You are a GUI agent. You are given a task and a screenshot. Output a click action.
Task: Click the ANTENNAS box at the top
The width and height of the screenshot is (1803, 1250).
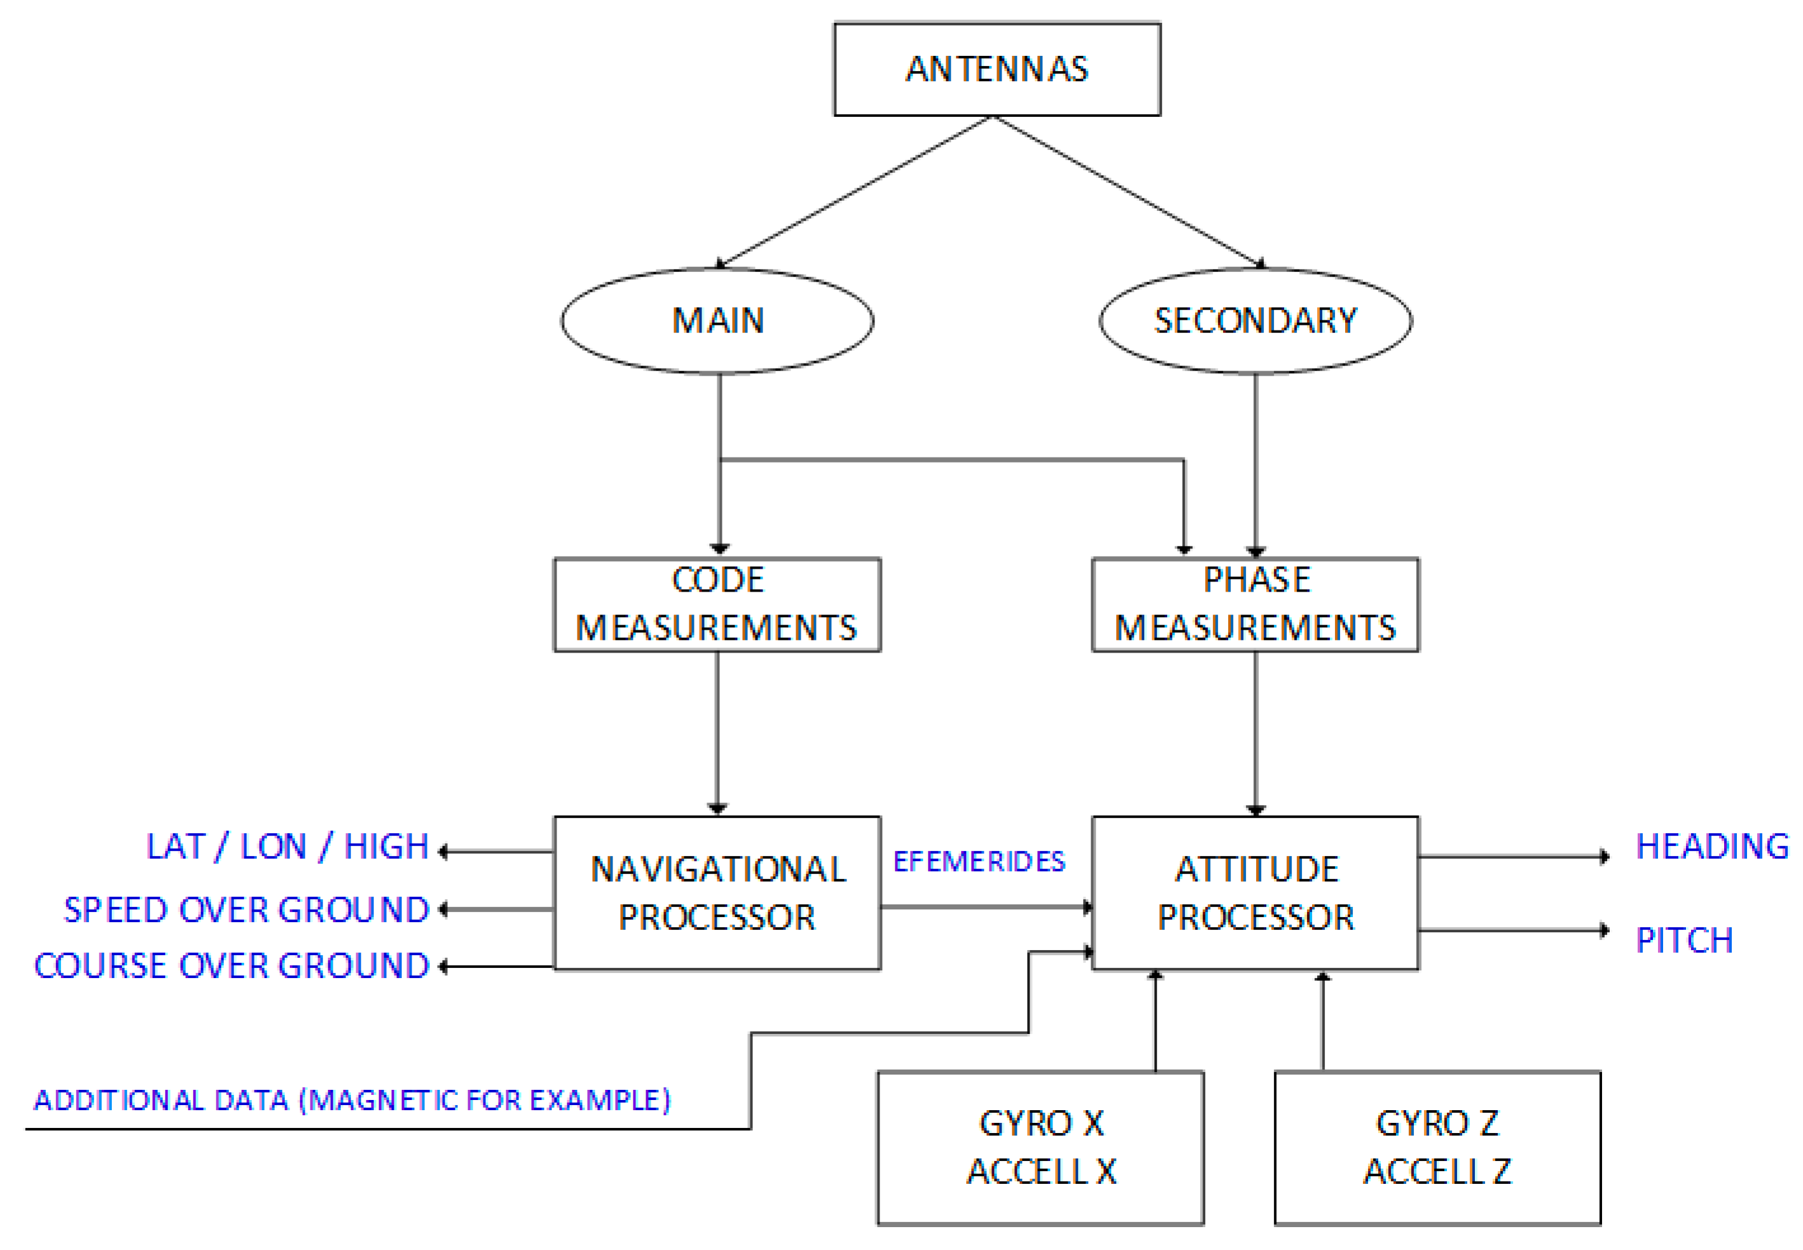[x=996, y=69]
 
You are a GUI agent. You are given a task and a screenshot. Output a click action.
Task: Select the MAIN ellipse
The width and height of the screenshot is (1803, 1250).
[x=716, y=320]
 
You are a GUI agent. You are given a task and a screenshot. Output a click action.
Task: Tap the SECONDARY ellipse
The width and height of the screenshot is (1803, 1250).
[x=1255, y=320]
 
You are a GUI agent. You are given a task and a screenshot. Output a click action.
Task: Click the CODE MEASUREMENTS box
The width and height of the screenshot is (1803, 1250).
[x=716, y=604]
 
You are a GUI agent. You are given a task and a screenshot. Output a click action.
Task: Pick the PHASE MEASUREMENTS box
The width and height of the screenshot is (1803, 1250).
[x=1255, y=604]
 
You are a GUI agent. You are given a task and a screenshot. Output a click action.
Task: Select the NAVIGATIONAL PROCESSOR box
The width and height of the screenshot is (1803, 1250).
[x=716, y=893]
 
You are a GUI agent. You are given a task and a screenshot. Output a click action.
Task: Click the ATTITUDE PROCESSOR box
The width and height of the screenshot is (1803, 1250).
[x=1255, y=893]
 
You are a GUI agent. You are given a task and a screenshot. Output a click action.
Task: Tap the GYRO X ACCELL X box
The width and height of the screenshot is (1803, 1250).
[x=1039, y=1148]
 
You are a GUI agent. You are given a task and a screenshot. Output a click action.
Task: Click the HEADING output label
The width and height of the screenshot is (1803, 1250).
[x=1711, y=846]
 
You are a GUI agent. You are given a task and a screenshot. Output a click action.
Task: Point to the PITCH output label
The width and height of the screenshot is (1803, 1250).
[x=1683, y=940]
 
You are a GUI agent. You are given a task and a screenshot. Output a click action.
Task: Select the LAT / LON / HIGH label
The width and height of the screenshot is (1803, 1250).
[x=287, y=846]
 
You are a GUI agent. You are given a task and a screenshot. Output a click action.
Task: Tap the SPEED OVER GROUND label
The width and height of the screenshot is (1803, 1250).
[x=246, y=910]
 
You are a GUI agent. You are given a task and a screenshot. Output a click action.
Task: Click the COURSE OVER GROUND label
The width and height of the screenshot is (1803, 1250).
[x=231, y=966]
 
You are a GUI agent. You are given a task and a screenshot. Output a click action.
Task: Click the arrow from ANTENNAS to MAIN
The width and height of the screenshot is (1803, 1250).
[x=854, y=192]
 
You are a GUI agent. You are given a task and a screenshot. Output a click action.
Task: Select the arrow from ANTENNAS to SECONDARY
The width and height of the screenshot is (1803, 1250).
[x=1128, y=192]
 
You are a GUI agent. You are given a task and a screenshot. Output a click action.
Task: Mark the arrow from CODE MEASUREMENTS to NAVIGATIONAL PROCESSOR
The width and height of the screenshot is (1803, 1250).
[x=716, y=732]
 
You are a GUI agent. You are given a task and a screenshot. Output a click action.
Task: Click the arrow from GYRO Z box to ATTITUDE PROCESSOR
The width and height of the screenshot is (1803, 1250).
[x=1322, y=1022]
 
